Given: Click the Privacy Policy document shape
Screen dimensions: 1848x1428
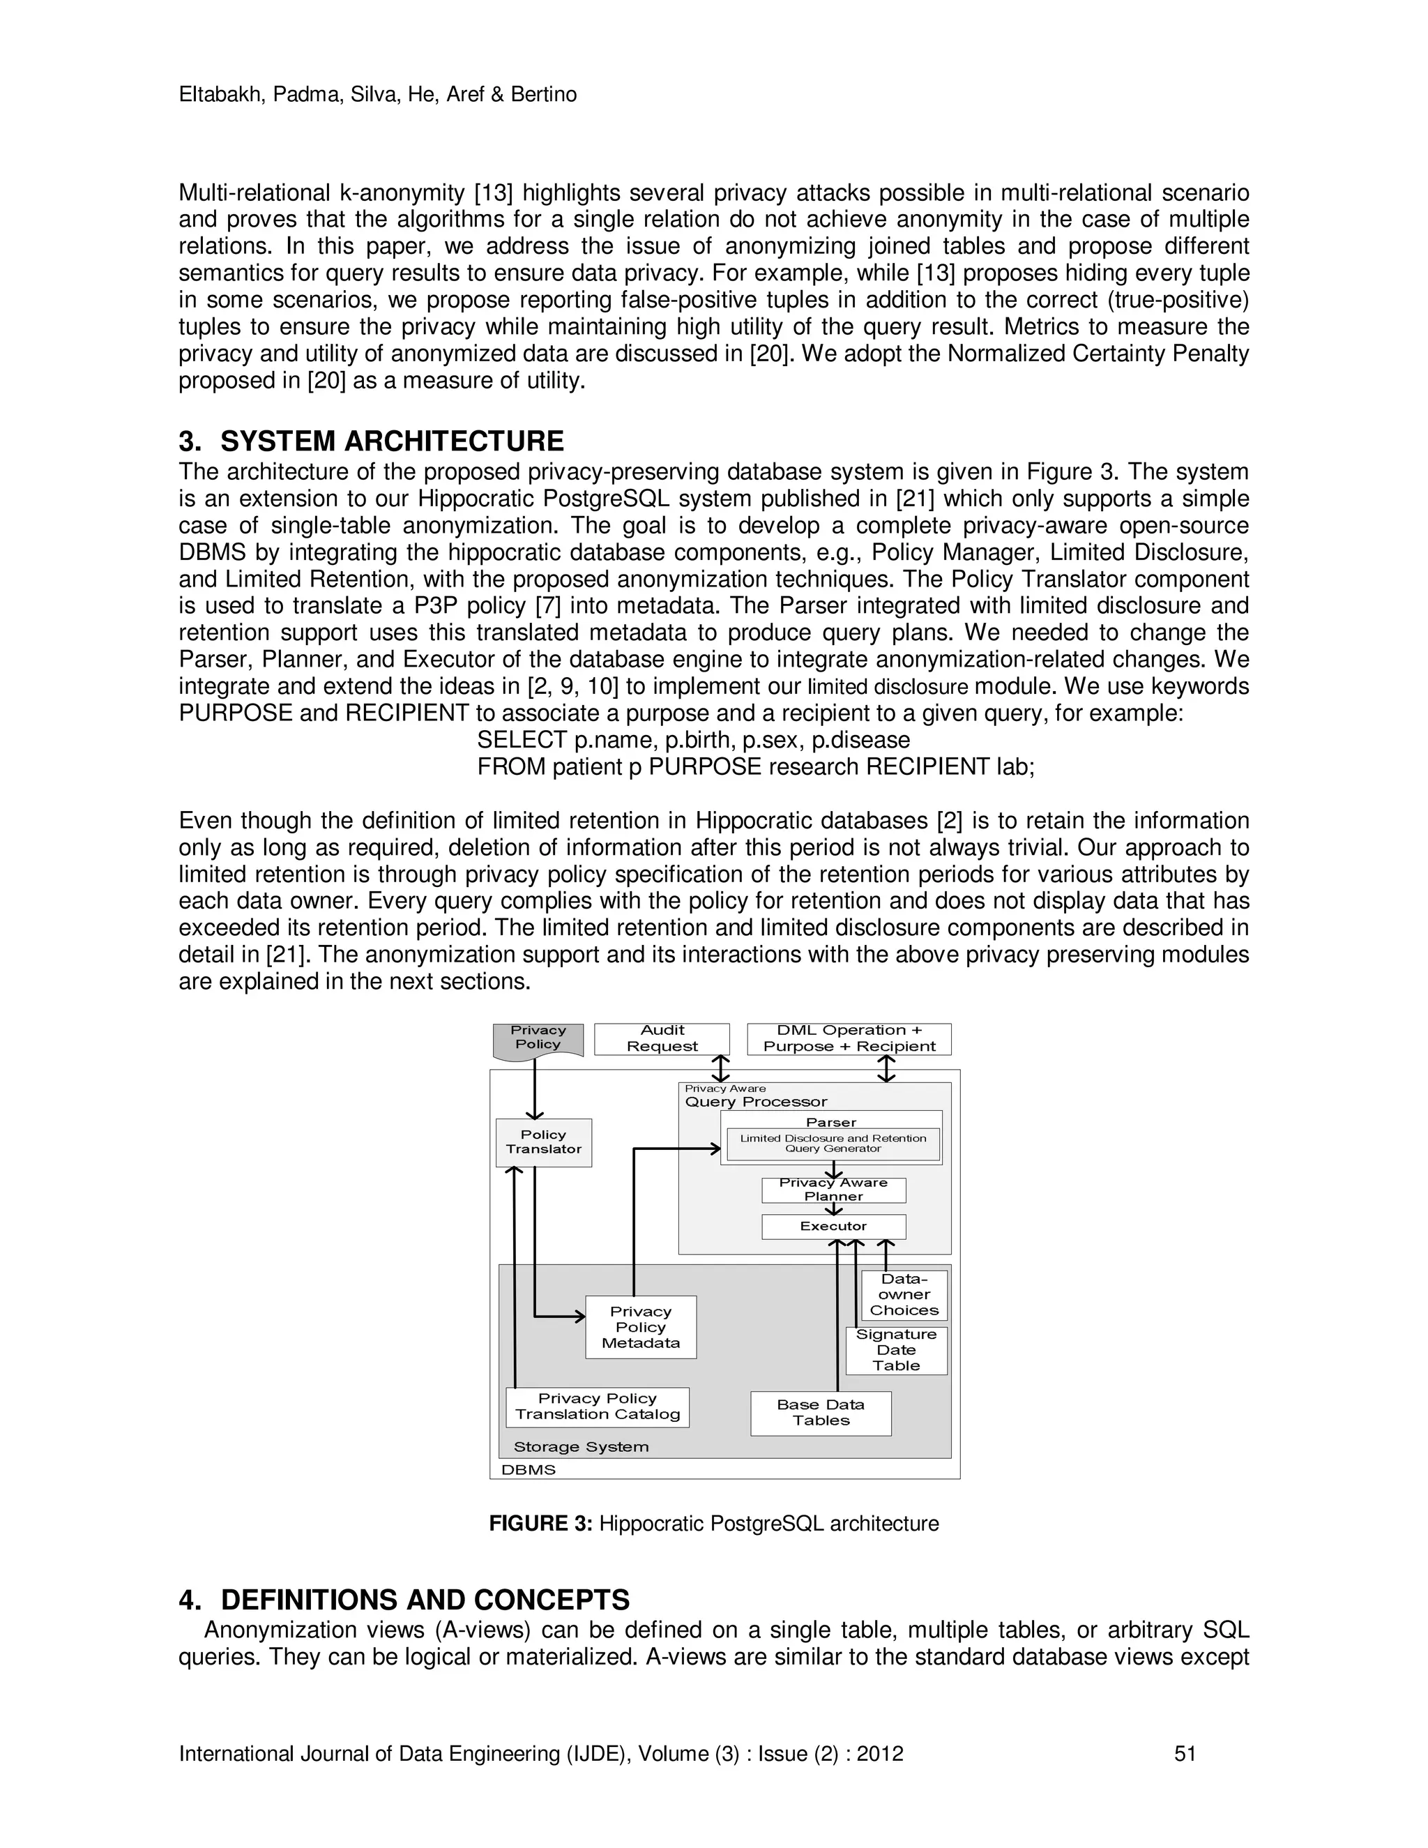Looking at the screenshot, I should [538, 1039].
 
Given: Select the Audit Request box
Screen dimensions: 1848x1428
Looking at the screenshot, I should [662, 1039].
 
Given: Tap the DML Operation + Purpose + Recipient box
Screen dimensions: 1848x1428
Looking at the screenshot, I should [849, 1039].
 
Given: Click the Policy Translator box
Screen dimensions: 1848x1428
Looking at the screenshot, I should [543, 1142].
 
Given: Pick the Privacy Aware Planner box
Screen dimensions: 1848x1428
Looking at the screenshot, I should [833, 1190].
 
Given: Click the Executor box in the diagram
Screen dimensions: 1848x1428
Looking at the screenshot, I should [833, 1226].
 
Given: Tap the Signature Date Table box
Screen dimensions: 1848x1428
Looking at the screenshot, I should [896, 1351].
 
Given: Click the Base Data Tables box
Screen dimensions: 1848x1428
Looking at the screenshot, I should [821, 1413].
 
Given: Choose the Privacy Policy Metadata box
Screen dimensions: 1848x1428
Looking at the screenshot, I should [640, 1328].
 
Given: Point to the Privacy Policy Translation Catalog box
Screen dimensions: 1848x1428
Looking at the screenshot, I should [598, 1407].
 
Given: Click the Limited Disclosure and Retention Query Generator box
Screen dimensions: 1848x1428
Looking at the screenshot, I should [833, 1144].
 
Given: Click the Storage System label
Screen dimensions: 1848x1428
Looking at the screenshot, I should [582, 1447].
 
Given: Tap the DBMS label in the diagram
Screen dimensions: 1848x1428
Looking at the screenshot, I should [528, 1470].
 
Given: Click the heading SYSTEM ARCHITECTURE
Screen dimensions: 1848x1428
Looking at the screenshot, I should [392, 441].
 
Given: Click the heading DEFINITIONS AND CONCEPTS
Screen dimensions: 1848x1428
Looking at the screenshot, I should [425, 1600].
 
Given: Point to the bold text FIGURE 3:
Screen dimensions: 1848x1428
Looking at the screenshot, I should [540, 1524].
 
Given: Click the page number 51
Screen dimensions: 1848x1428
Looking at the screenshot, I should [1185, 1754].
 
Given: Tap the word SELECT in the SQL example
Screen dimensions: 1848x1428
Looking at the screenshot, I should [521, 741].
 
